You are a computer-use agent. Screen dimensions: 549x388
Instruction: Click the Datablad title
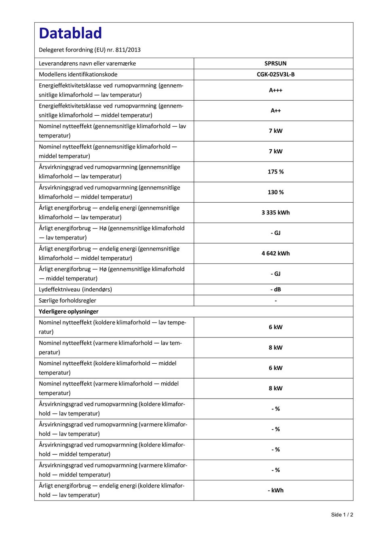point(70,33)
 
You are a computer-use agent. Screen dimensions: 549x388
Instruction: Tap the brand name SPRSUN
point(275,64)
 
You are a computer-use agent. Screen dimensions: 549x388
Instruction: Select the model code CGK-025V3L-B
point(275,74)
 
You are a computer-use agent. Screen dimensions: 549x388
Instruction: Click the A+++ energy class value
point(275,90)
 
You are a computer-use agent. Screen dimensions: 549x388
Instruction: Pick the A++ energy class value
point(275,110)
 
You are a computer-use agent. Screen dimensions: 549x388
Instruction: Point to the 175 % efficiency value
point(275,172)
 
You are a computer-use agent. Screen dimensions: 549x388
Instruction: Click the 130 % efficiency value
point(275,192)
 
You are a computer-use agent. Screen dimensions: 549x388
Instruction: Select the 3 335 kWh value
point(275,212)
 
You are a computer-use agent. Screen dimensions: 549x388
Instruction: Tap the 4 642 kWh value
point(275,253)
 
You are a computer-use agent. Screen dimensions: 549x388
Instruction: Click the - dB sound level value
point(275,289)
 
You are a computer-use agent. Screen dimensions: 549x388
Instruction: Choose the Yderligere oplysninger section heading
point(69,312)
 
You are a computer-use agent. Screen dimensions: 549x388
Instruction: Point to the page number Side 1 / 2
point(342,515)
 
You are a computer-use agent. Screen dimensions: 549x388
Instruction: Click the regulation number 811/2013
point(128,50)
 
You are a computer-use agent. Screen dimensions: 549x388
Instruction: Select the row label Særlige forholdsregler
point(67,301)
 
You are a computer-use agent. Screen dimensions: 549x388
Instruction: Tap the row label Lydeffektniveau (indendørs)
point(75,289)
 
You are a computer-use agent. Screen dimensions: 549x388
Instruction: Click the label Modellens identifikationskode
point(78,74)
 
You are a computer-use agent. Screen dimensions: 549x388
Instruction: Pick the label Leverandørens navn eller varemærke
point(87,64)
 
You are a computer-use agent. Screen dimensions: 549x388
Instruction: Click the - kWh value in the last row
point(275,490)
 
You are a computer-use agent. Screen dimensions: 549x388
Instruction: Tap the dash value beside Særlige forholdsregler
point(275,301)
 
